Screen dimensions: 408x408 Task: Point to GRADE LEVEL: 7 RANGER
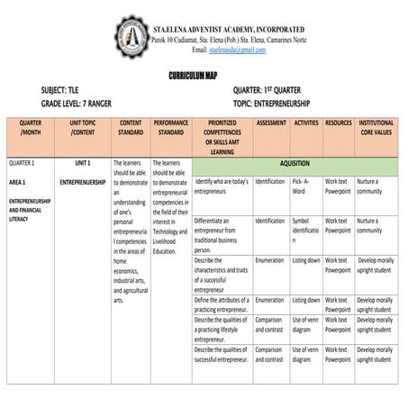(x=88, y=104)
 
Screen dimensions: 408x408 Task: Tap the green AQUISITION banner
(x=295, y=164)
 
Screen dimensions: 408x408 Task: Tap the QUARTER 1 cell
(x=22, y=164)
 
